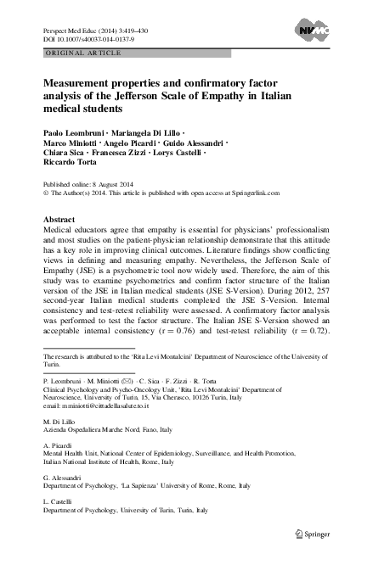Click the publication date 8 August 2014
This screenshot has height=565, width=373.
[111, 183]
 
